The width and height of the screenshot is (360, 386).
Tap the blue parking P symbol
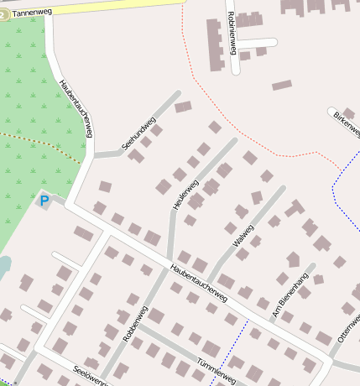click(44, 201)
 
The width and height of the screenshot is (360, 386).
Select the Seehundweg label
click(139, 134)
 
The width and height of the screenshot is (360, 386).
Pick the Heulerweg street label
click(185, 196)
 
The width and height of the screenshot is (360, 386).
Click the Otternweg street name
click(347, 327)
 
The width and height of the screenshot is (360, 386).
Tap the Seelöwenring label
click(91, 375)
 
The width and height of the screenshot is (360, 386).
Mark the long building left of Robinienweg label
click(215, 45)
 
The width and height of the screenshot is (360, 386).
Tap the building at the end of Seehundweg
click(182, 107)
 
